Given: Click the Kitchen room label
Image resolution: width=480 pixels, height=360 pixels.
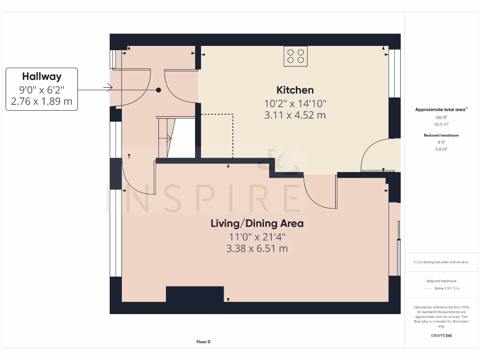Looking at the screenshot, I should click(295, 90).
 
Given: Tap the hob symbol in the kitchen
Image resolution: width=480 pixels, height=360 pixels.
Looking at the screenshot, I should click(295, 56).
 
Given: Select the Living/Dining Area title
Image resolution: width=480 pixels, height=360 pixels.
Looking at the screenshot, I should click(257, 224).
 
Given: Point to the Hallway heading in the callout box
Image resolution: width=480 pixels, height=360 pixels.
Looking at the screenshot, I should click(42, 76).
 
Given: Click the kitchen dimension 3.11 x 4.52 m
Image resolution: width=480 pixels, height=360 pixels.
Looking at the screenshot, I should click(295, 115).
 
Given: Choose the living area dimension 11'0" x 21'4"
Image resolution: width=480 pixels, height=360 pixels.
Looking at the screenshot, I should click(257, 237).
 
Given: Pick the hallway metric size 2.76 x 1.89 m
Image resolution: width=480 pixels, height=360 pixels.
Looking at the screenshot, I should click(42, 101).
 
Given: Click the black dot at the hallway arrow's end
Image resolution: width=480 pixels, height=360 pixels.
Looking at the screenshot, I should click(159, 90).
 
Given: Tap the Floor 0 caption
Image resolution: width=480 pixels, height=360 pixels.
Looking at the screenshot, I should click(203, 342).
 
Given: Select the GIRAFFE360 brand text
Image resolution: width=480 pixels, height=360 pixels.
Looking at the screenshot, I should click(441, 336).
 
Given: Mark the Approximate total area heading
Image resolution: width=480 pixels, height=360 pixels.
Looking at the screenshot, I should click(440, 109).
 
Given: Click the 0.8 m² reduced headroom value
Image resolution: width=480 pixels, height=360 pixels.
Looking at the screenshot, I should click(441, 149).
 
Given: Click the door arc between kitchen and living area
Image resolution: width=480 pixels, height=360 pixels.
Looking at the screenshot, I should click(319, 192).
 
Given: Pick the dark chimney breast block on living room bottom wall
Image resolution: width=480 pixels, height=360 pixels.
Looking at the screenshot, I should click(195, 294).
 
